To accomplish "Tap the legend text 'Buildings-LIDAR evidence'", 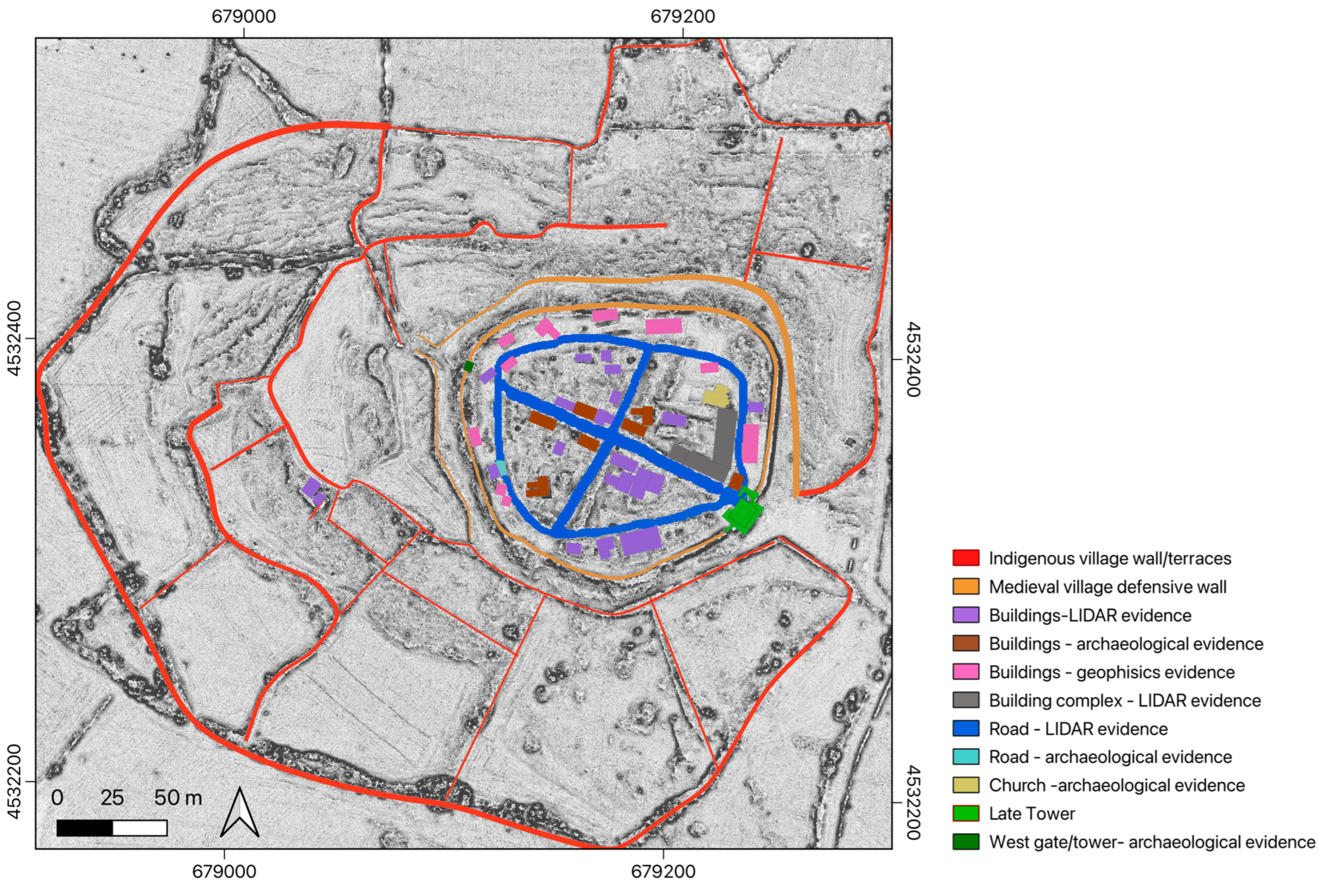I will click(x=1090, y=615).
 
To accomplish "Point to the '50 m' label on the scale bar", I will click(x=178, y=798).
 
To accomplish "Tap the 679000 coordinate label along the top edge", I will click(x=243, y=16).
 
